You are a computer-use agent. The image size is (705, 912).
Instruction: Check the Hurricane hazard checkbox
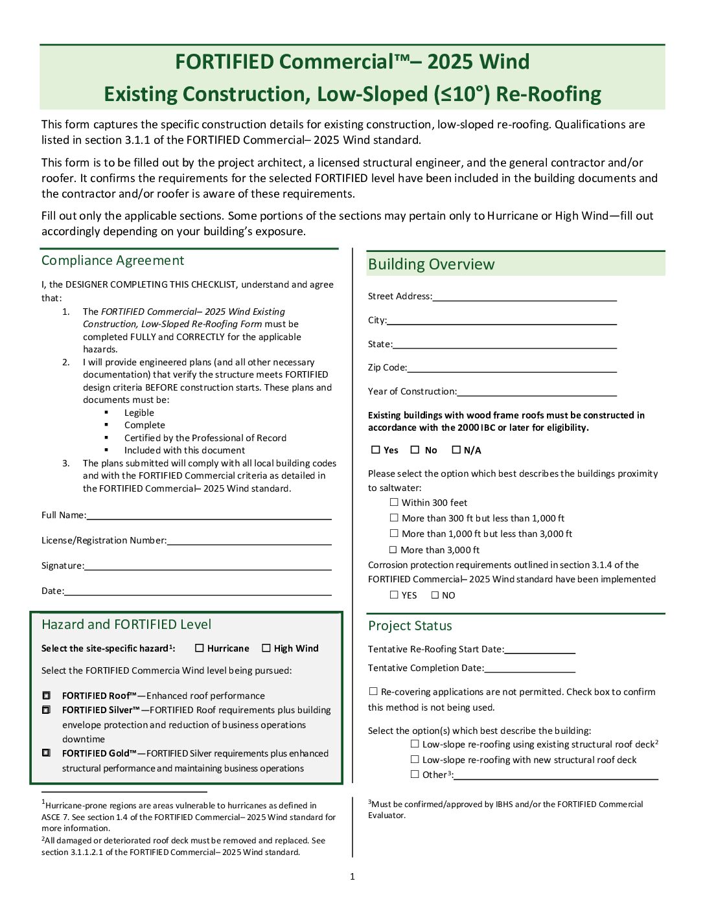[200, 648]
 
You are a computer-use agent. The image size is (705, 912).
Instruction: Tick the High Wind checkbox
[266, 648]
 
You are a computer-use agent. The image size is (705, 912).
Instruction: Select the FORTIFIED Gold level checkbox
[47, 753]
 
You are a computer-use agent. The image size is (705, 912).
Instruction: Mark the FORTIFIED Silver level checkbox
[47, 711]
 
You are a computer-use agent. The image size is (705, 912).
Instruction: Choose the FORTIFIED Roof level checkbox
[47, 696]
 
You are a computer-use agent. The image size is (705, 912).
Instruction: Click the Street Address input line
[524, 297]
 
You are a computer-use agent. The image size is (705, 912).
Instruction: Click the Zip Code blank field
[511, 368]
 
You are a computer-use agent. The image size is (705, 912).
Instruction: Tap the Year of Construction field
[537, 392]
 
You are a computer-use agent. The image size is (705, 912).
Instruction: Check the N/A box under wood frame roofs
[456, 450]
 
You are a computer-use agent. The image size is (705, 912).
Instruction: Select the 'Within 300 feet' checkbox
[394, 503]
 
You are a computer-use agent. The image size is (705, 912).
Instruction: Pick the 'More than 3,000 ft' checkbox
[393, 550]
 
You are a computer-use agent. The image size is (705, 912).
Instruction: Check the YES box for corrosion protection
[394, 595]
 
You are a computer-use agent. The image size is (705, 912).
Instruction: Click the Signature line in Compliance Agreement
[207, 566]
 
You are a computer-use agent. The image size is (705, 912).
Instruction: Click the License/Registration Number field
[249, 541]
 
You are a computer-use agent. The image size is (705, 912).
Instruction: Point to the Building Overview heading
[431, 264]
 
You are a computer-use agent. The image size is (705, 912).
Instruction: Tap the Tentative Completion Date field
[529, 668]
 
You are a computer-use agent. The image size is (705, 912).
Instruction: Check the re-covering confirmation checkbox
[373, 692]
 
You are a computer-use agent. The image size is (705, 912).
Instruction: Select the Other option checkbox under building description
[415, 775]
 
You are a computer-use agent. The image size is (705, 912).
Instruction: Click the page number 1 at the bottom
[352, 877]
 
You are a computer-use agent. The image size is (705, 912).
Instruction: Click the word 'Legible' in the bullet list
[139, 413]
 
